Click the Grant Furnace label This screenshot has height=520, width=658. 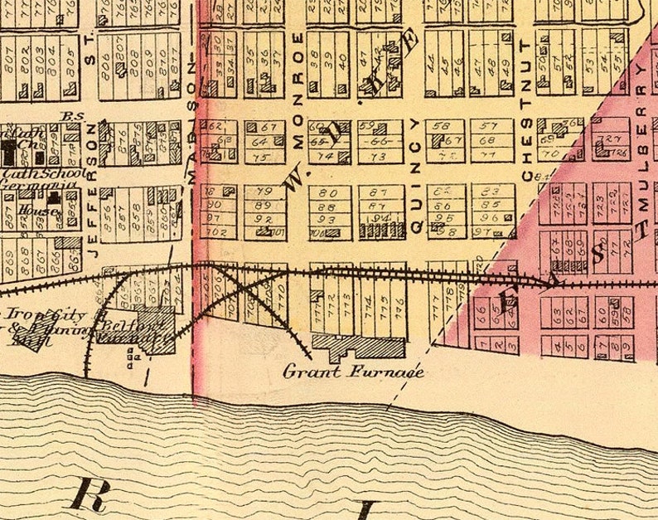pyautogui.click(x=354, y=372)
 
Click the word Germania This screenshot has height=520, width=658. pyautogui.click(x=29, y=189)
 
